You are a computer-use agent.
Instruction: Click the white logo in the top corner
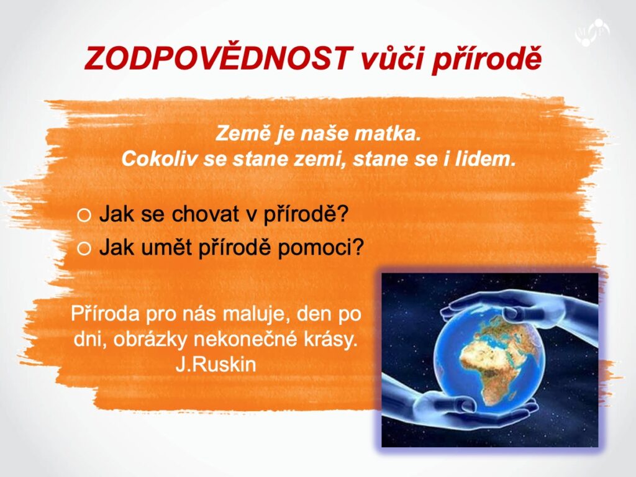[592, 32]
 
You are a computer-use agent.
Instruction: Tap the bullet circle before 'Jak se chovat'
[84, 216]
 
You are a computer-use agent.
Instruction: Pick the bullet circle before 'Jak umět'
[84, 248]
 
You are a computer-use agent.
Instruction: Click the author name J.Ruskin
[216, 364]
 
